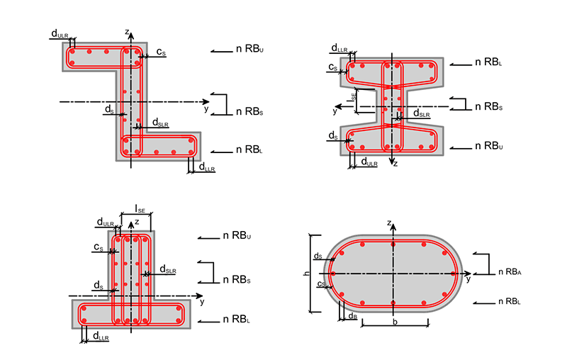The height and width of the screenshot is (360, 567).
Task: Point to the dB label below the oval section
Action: click(353, 316)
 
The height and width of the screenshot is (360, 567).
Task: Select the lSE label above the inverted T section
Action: click(140, 210)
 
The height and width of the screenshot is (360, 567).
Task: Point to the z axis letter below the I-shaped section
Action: click(395, 163)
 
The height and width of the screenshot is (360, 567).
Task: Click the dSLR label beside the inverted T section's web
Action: click(167, 269)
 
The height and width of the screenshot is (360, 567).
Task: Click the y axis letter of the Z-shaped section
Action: click(206, 109)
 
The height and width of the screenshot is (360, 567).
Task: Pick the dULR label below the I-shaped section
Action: click(369, 162)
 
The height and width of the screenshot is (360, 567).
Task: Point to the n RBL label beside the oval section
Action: click(510, 301)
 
